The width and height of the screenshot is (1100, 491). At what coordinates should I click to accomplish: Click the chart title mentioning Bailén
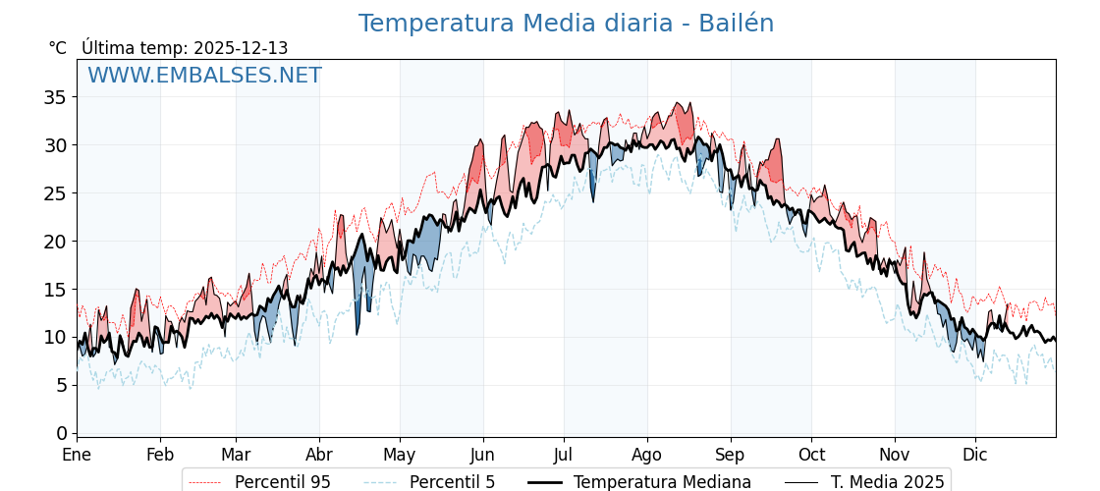point(566,24)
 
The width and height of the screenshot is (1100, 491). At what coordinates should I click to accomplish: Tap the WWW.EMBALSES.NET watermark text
point(204,76)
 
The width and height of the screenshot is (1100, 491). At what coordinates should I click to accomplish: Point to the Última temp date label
point(185,48)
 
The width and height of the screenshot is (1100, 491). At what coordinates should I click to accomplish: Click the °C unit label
point(57,48)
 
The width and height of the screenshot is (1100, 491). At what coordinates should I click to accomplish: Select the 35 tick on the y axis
point(55,97)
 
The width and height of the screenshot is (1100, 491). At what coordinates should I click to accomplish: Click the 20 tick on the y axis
point(55,242)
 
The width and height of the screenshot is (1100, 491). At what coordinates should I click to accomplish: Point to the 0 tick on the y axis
point(61,433)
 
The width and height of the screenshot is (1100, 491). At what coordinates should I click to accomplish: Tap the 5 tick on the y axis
point(61,385)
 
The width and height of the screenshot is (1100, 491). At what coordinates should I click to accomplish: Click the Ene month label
point(77,455)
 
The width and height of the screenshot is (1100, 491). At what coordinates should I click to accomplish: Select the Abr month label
point(319,455)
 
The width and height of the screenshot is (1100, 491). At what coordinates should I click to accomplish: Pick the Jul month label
point(564,455)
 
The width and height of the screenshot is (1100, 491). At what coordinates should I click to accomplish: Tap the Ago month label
point(647,455)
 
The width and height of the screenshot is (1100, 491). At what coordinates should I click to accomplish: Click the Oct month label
point(811,455)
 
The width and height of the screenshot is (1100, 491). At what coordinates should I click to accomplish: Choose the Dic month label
point(975,455)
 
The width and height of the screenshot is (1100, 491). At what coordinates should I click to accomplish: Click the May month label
point(400,455)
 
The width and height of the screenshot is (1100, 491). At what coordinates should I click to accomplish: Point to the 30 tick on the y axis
point(55,145)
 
